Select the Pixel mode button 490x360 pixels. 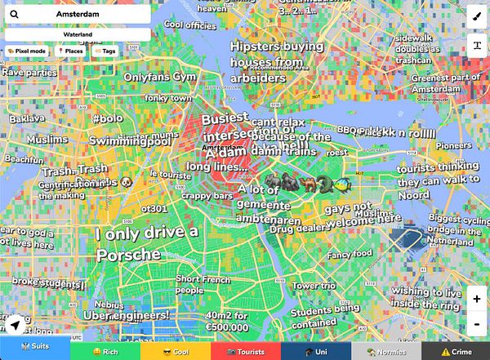tap(28, 51)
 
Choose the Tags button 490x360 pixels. tap(105, 51)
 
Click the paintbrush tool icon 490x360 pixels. tap(476, 15)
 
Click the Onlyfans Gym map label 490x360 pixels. tap(160, 77)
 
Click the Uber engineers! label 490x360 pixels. tap(127, 314)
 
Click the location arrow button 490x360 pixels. tap(14, 325)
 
